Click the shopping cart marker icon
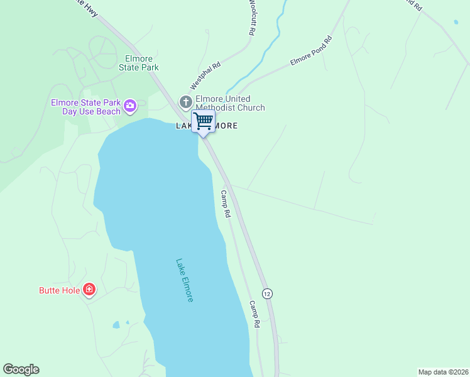click(x=203, y=121)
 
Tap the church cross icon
click(x=185, y=101)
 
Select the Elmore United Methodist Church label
click(x=230, y=103)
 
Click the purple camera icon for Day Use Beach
click(x=130, y=105)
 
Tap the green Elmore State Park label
click(x=139, y=63)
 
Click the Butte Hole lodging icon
click(x=89, y=290)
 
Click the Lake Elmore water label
click(x=185, y=280)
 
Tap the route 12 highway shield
click(x=267, y=293)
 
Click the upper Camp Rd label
click(x=225, y=204)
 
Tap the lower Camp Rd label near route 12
click(x=254, y=315)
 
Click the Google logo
click(x=21, y=369)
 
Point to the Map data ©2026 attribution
click(x=443, y=371)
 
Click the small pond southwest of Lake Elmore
click(x=116, y=325)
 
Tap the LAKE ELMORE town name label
click(x=206, y=126)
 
